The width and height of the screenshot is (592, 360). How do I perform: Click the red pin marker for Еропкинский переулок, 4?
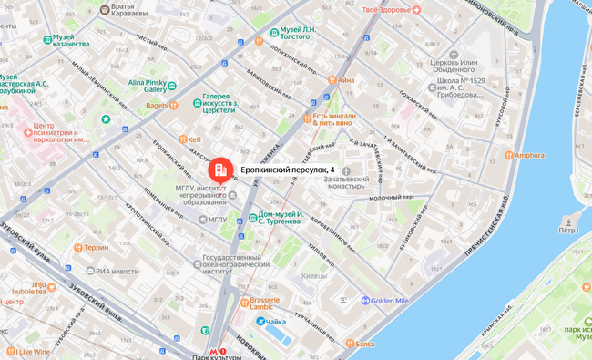[x=219, y=170]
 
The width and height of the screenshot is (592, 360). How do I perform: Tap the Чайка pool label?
[x=275, y=322]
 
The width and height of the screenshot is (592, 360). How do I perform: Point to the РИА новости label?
[x=117, y=271]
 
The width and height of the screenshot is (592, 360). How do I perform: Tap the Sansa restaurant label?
[x=364, y=344]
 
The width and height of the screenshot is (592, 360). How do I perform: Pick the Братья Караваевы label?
[x=128, y=10]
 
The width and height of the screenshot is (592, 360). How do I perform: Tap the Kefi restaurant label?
[x=193, y=139]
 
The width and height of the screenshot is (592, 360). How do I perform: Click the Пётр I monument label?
[x=569, y=230]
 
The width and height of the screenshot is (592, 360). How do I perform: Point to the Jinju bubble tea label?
[x=33, y=288]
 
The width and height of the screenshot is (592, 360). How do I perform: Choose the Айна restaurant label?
[x=346, y=80]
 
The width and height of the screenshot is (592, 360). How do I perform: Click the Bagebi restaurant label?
[x=157, y=106]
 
